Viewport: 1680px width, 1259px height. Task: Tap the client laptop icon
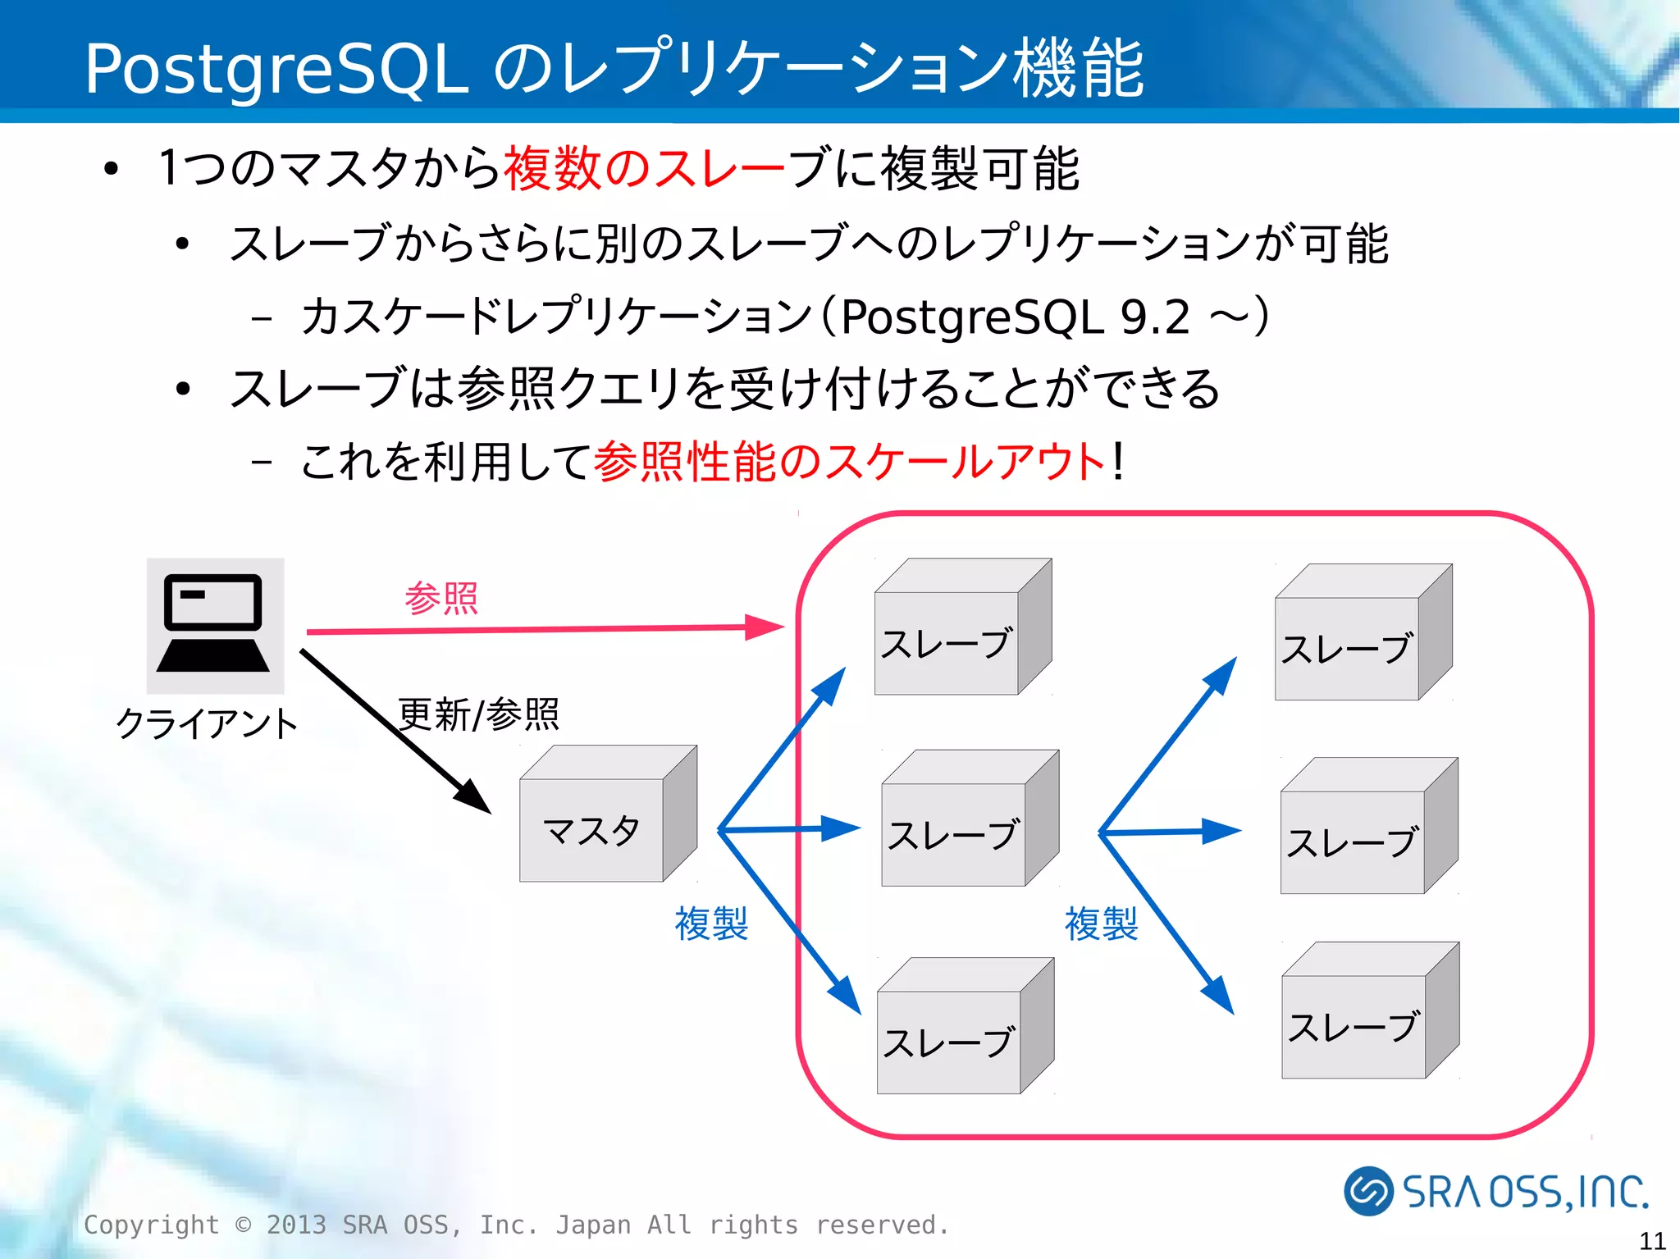pos(215,625)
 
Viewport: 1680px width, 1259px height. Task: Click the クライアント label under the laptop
pos(207,723)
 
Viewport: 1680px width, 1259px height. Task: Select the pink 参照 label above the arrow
pos(441,598)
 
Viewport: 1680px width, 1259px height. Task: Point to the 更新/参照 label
pos(478,714)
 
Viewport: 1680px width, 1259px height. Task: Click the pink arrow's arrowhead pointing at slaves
pos(764,627)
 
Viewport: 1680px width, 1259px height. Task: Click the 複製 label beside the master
pos(710,924)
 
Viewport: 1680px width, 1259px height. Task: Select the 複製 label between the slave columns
pos(1101,924)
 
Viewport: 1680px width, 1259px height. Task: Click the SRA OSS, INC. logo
pos(1495,1191)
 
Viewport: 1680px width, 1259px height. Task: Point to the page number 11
pos(1652,1240)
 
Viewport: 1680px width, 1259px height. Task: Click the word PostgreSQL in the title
pos(276,69)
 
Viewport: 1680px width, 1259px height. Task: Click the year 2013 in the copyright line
pos(296,1225)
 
